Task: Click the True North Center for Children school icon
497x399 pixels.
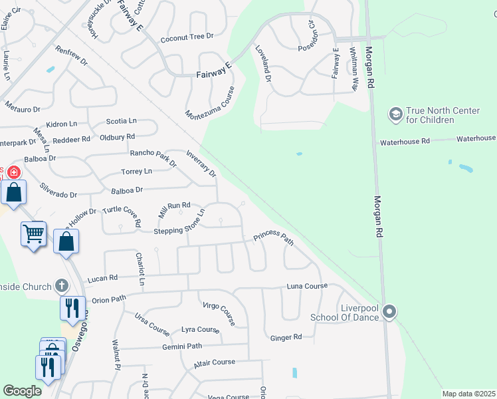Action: [396, 114]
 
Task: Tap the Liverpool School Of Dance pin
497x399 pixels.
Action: [389, 311]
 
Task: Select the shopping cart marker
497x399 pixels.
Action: [33, 233]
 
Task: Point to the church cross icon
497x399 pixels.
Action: [62, 286]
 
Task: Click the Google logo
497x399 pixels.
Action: [22, 390]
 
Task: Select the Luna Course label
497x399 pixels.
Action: [307, 286]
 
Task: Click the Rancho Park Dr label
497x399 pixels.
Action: [153, 157]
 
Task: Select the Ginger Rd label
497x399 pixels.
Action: [286, 338]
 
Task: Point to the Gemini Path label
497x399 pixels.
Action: [181, 346]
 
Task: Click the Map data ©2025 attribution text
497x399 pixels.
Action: [468, 394]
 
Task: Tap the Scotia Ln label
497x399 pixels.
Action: [121, 121]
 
